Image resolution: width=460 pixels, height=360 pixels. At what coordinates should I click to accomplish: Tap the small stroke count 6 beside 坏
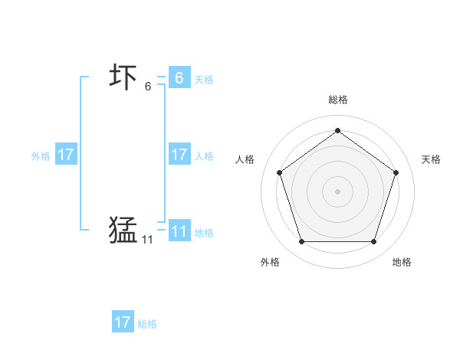tap(148, 87)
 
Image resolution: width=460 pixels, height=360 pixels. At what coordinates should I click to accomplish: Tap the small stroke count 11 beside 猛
tap(147, 240)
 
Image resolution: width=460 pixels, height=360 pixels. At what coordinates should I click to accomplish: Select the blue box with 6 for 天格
tap(179, 77)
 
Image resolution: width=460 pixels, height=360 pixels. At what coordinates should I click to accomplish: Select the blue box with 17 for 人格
tap(179, 155)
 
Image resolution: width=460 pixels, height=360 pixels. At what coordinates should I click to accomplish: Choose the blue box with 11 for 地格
tap(179, 231)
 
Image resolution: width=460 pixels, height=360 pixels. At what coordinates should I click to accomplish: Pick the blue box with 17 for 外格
tap(66, 155)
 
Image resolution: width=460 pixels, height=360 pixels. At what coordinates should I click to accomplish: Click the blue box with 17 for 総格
tap(123, 322)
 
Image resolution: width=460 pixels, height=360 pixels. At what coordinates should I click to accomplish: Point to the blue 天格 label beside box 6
tap(204, 80)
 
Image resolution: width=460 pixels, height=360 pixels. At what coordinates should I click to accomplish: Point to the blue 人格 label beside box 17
tap(204, 156)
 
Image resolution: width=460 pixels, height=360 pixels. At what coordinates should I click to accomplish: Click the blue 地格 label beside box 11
tap(204, 233)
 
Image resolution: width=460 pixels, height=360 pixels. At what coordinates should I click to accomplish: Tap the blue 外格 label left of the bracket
tap(41, 156)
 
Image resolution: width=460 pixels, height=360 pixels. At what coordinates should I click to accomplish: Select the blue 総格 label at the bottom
tap(147, 324)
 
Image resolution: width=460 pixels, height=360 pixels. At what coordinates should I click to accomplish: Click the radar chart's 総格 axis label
tap(338, 100)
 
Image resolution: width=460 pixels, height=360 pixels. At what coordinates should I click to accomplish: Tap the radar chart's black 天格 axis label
tap(432, 159)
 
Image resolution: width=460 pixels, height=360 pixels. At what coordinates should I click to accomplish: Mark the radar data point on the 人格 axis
tap(279, 172)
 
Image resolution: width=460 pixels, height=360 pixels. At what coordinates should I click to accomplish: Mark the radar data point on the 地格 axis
tap(374, 242)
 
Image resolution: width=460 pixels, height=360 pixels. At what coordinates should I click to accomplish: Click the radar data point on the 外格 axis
tap(301, 242)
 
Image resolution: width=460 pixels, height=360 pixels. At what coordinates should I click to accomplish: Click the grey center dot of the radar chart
tap(337, 191)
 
